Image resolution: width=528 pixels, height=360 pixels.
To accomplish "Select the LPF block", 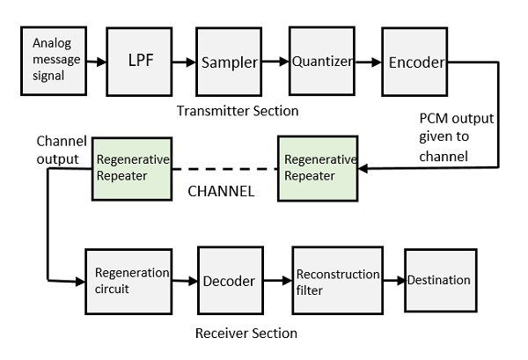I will coord(136,62).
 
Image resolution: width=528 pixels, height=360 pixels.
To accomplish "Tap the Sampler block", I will coord(229,62).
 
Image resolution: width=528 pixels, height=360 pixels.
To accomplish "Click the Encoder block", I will coord(414,62).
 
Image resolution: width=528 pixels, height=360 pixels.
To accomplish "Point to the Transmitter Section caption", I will coord(238,111).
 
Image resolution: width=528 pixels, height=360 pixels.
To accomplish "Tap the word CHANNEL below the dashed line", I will coord(223,189).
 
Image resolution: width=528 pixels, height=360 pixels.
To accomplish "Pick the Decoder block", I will coord(229,281).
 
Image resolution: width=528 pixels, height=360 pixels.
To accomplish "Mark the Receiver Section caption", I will coord(246,333).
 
